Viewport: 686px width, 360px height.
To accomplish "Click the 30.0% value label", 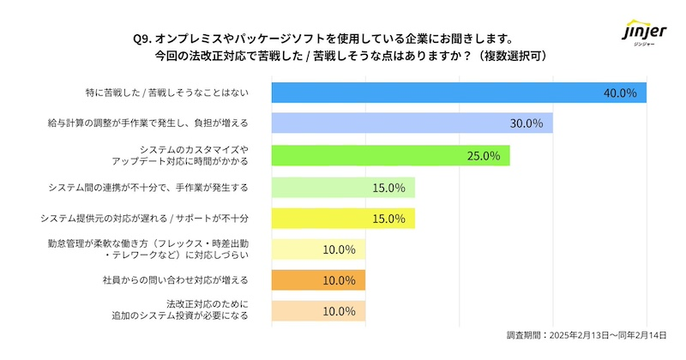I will [526, 123].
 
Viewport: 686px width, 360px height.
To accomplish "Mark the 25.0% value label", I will [483, 155].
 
